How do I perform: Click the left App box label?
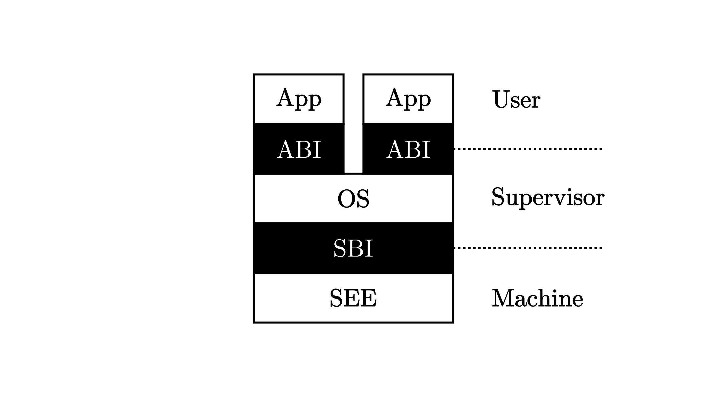click(x=299, y=99)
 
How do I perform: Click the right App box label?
click(x=408, y=99)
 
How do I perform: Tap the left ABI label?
click(x=299, y=150)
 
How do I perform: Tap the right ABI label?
click(x=408, y=150)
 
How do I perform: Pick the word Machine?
click(x=537, y=298)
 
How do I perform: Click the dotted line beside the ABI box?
click(x=527, y=149)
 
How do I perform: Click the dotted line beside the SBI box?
click(x=527, y=248)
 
